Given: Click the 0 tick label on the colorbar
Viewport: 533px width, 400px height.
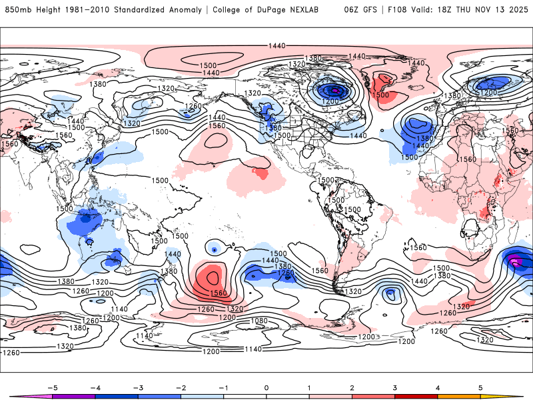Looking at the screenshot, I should [266, 387].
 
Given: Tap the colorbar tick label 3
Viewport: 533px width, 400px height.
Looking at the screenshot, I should [395, 387].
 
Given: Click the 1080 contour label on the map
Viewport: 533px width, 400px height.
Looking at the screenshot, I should [259, 321].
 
